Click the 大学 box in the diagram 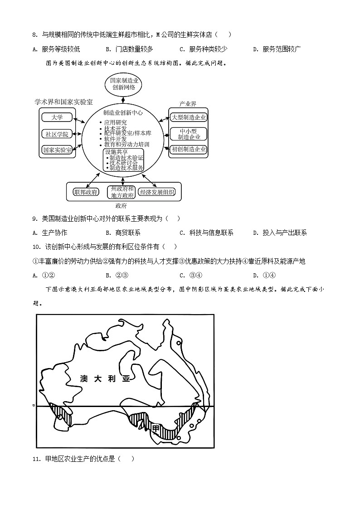pos(57,117)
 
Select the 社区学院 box pos(57,134)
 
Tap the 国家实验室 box pos(57,150)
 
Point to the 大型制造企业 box pos(188,117)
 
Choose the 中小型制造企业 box pos(188,134)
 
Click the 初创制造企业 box pos(188,149)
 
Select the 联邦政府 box pos(86,192)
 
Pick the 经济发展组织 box pos(157,192)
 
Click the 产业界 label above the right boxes pos(187,104)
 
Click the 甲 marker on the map pos(156,428)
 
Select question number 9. pos(34,219)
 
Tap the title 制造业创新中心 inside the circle pos(123,113)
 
